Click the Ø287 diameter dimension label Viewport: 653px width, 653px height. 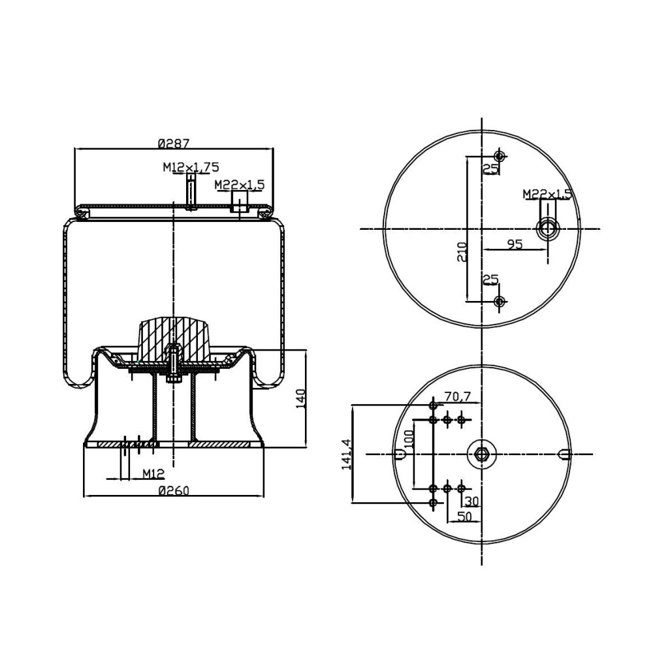click(173, 143)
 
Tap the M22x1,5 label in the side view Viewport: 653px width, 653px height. click(240, 185)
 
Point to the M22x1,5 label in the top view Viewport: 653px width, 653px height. click(547, 194)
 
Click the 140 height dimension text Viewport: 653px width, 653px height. click(301, 398)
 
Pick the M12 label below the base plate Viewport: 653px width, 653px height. click(153, 473)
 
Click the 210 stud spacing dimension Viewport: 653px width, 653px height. click(462, 251)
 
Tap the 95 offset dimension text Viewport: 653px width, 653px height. click(515, 244)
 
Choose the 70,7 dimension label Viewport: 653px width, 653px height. click(458, 396)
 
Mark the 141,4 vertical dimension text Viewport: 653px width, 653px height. click(346, 453)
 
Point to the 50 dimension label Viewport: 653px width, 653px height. click(464, 516)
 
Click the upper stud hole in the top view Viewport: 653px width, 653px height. click(500, 157)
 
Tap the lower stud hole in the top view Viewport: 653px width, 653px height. click(500, 301)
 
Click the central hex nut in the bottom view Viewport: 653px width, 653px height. click(481, 454)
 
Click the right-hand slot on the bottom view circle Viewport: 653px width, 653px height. click(566, 454)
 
